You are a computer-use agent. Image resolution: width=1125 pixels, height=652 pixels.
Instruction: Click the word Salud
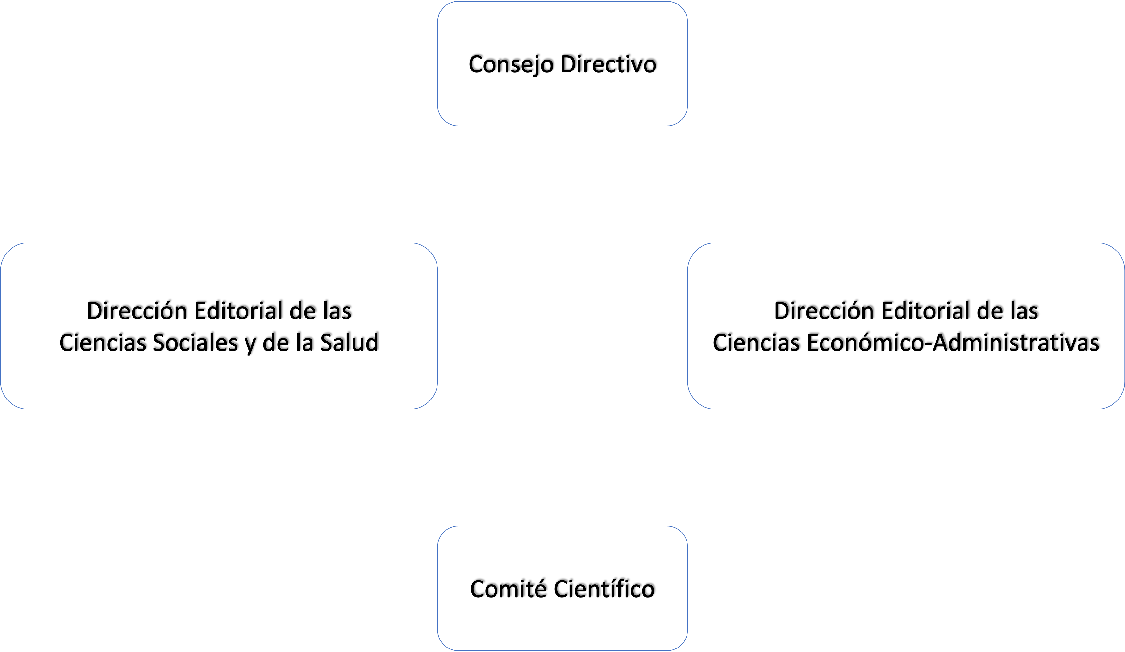349,343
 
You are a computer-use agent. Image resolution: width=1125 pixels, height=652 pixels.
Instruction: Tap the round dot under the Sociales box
219,412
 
